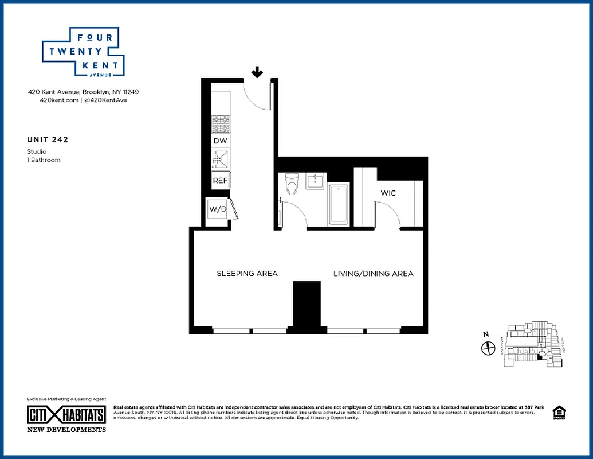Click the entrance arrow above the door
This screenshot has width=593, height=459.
point(258,72)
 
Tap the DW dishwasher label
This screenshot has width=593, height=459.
point(220,141)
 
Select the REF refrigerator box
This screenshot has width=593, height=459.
point(220,180)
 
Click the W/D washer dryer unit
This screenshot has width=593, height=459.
point(218,209)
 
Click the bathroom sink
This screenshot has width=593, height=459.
point(316,181)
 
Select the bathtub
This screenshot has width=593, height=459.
point(339,204)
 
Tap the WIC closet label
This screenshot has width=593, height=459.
point(388,193)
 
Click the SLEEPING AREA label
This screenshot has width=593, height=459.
point(247,274)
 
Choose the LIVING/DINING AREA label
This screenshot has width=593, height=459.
point(374,274)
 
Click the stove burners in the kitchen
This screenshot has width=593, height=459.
point(221,125)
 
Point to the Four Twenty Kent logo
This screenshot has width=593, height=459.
point(84,52)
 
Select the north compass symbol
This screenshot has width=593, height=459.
point(488,347)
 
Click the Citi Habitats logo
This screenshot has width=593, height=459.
point(66,414)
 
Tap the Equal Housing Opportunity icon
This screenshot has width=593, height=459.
point(558,413)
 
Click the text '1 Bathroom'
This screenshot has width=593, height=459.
point(44,160)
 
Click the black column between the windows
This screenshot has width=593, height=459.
point(307,305)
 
